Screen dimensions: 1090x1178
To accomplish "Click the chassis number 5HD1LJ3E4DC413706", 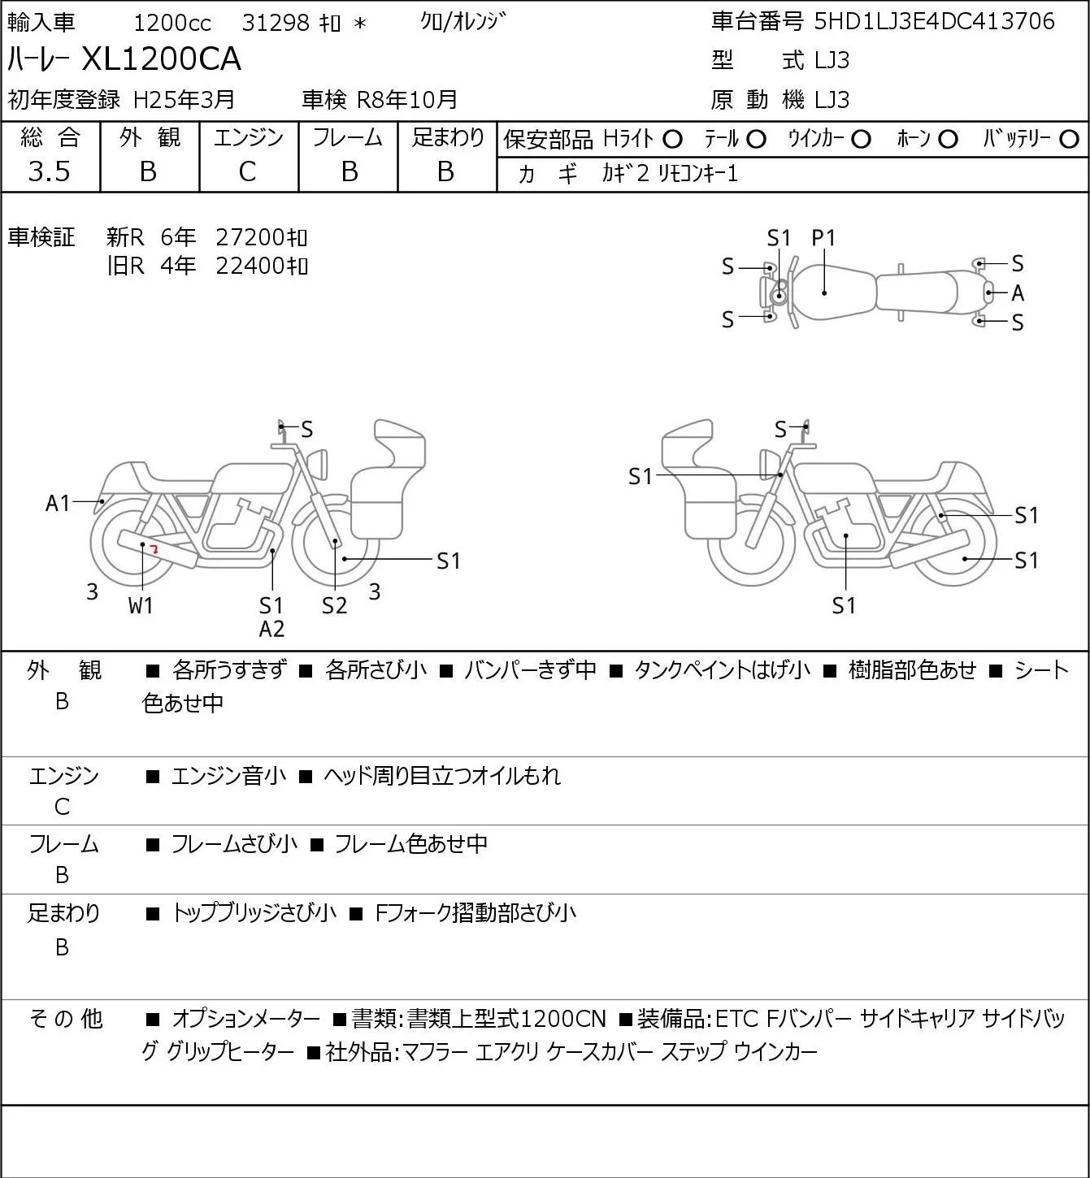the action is tap(934, 22).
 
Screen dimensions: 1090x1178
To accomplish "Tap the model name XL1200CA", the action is tap(161, 58).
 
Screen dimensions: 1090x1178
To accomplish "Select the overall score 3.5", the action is tap(50, 171).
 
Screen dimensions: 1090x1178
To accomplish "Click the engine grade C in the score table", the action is tap(247, 172).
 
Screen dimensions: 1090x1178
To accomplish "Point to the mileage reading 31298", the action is tap(276, 23).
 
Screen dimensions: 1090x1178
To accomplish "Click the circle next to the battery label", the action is tap(1069, 140).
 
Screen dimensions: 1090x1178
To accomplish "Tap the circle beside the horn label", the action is tap(948, 140).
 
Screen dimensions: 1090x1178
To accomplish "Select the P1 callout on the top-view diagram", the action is tap(823, 238).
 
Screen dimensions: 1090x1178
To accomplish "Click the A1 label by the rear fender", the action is tap(59, 504).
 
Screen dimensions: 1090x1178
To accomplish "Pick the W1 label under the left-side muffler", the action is tap(141, 605).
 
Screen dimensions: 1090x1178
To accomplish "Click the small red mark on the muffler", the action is tap(154, 549).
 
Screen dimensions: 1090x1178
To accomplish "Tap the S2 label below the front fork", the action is tap(334, 605).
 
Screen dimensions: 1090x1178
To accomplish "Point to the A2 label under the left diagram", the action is tap(272, 629).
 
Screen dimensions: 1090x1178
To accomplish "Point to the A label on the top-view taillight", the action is tap(1018, 292).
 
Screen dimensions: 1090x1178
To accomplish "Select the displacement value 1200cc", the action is tap(172, 23).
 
